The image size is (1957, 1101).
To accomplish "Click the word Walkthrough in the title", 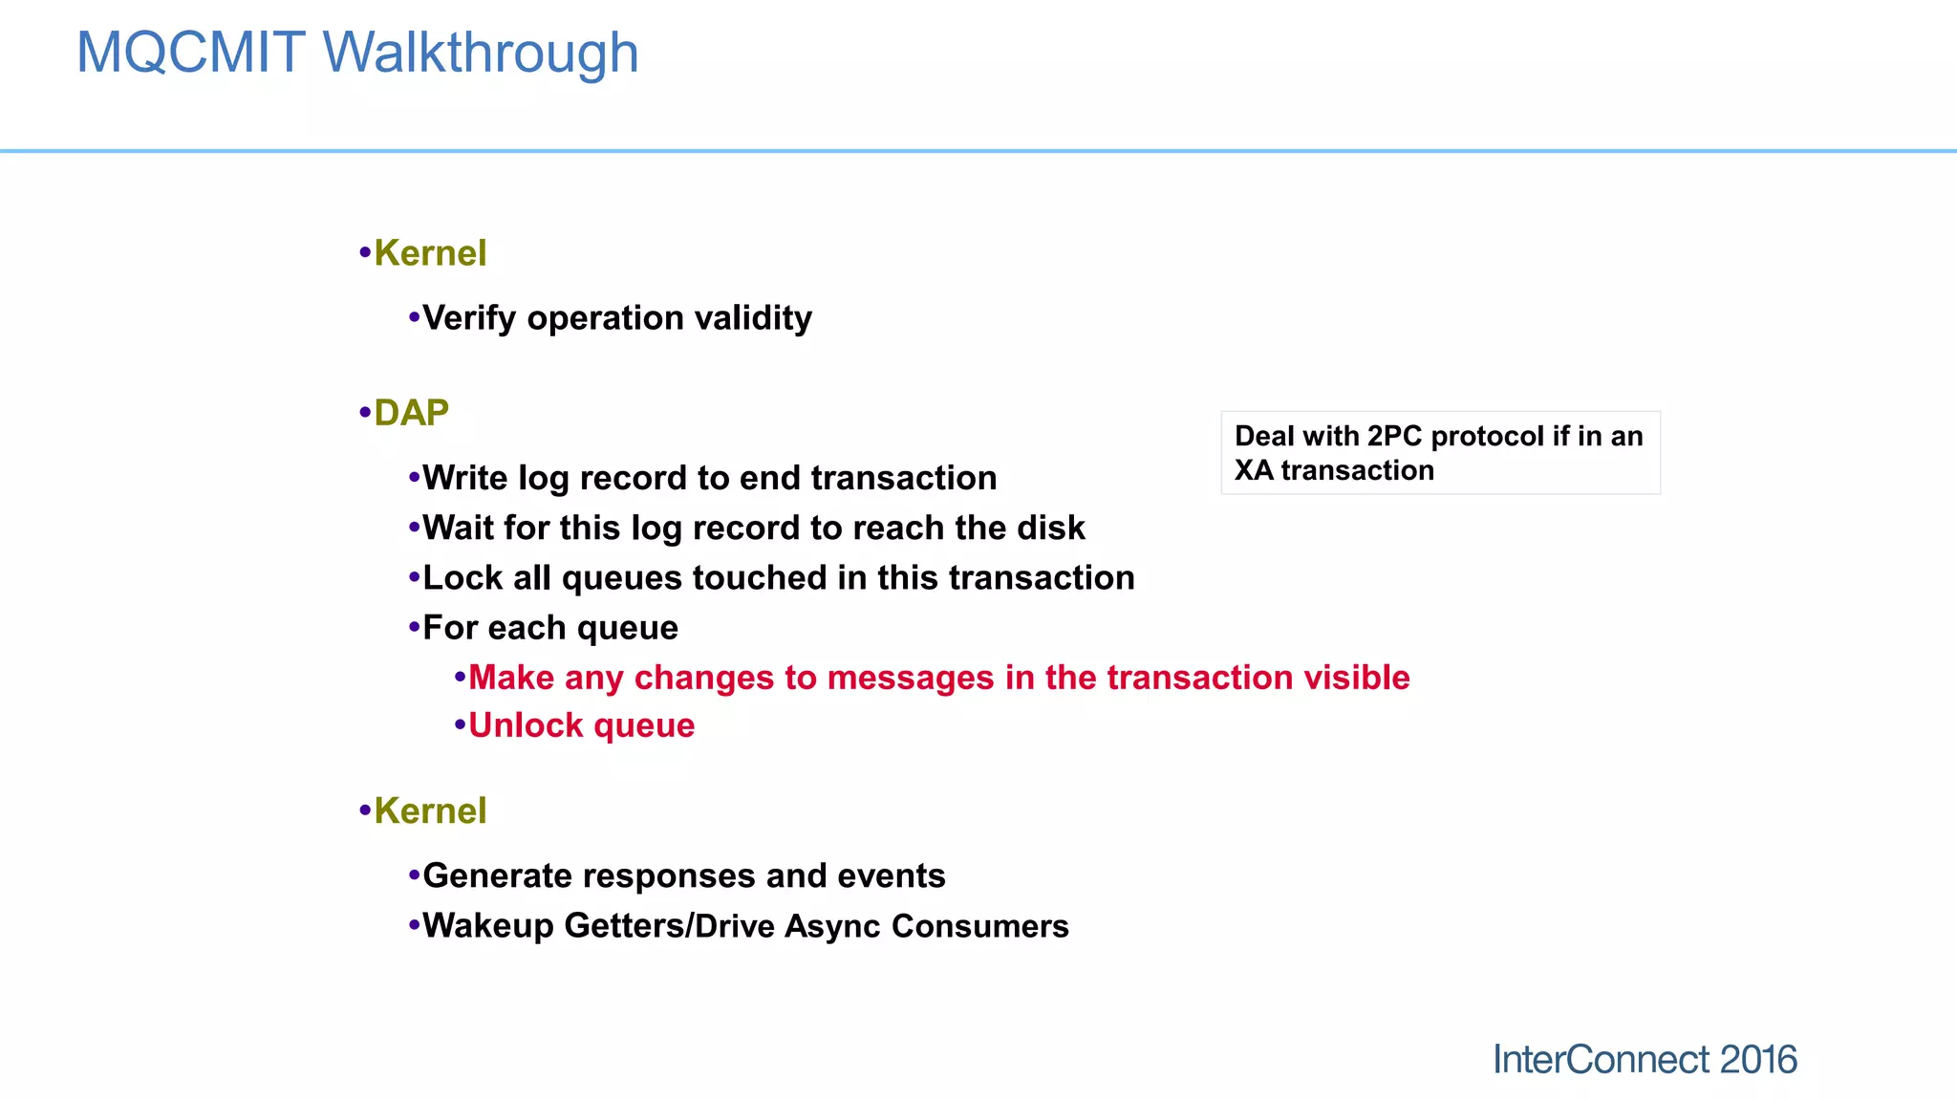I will click(x=481, y=54).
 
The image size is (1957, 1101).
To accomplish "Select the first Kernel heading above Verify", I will click(x=430, y=253).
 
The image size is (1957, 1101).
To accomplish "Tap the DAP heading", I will click(x=411, y=413).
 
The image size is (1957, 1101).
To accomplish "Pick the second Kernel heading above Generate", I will click(x=430, y=811).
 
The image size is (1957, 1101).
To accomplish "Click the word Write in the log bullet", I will click(x=464, y=478).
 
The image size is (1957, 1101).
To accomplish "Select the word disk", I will click(x=1050, y=528).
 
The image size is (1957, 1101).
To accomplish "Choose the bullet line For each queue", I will click(x=549, y=628).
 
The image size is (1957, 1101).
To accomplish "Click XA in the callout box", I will click(x=1253, y=471).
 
